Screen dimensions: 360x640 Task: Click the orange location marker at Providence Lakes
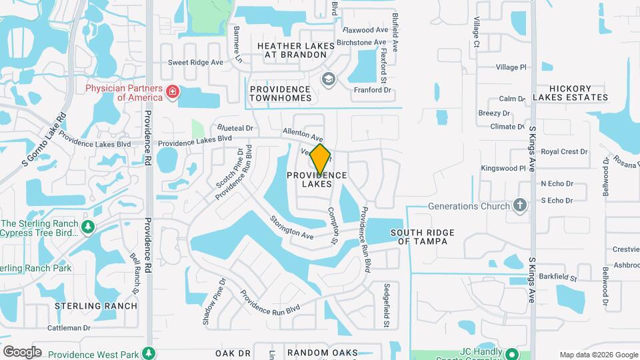320,159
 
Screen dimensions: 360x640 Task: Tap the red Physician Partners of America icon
173,91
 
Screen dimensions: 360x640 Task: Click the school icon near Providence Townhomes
327,80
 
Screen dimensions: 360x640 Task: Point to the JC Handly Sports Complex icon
511,353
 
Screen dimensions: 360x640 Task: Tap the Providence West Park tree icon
151,353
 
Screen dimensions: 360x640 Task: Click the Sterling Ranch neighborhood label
96,306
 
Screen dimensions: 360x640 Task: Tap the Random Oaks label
322,352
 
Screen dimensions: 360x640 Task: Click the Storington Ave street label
291,227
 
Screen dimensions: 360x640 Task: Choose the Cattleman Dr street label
68,328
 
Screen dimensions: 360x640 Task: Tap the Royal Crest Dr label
564,152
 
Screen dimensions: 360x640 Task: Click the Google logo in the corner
22,351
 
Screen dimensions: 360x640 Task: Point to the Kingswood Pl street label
503,169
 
